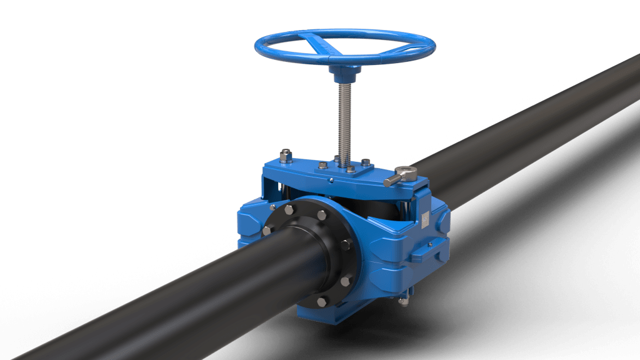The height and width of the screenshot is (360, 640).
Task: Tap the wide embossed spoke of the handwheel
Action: click(x=319, y=44)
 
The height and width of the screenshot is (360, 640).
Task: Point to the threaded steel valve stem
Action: click(x=344, y=119)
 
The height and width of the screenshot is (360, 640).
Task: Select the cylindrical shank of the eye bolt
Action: click(x=392, y=181)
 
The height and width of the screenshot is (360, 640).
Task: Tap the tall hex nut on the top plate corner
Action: click(x=286, y=156)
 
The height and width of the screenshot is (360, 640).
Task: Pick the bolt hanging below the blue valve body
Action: click(x=403, y=301)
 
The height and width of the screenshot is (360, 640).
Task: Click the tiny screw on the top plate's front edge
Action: click(x=332, y=180)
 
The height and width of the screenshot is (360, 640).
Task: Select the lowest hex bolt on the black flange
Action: click(x=322, y=302)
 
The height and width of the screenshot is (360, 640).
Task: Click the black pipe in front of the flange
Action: click(x=187, y=287)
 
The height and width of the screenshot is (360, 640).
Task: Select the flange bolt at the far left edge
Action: click(x=267, y=230)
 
